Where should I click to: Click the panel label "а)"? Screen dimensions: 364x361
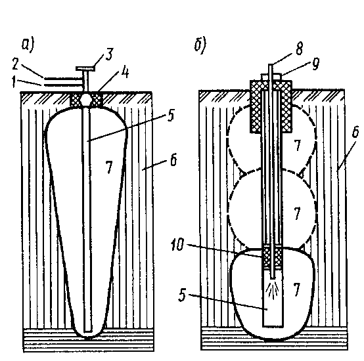(x=28, y=45)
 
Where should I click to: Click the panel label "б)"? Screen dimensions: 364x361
(x=200, y=46)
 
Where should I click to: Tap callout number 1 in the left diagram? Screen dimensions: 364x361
(x=14, y=83)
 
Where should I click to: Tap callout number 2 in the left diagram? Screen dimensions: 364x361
(x=15, y=64)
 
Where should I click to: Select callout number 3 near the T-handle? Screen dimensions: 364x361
(x=109, y=54)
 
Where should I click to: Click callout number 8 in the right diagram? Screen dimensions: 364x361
(x=299, y=49)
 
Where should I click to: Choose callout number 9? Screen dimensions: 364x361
(x=315, y=64)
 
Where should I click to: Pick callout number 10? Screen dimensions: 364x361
(x=177, y=244)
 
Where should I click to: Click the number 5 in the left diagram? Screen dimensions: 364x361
(x=171, y=116)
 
